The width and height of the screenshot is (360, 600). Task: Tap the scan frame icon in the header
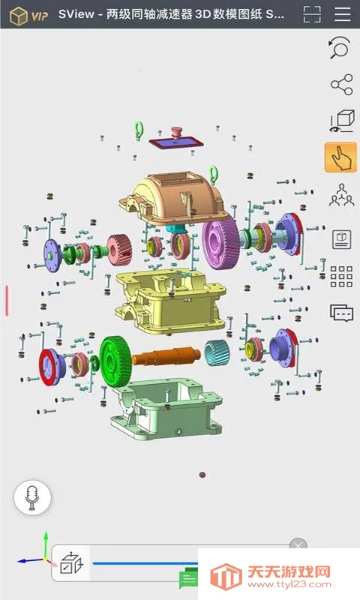(312, 15)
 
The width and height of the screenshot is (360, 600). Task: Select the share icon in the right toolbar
(341, 85)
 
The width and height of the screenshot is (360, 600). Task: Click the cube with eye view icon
(341, 121)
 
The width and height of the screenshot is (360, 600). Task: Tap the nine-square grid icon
(341, 276)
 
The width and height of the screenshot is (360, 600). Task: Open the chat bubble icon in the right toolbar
(341, 313)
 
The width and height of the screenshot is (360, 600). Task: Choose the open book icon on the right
(341, 239)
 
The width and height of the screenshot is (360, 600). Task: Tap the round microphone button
(32, 497)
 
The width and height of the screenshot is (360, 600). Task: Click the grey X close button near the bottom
(298, 545)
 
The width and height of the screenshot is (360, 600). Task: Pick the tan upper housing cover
(176, 199)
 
